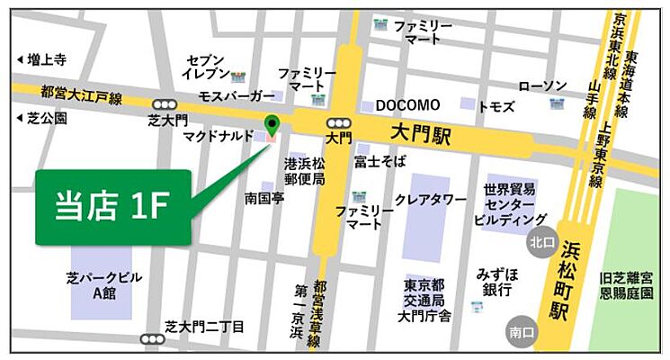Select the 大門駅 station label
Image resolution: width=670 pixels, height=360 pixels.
coord(421,132)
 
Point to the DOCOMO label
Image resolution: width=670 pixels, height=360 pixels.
coord(407,105)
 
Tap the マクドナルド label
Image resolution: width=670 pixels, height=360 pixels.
coord(216,138)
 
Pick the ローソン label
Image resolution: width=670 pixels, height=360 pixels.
coord(543,85)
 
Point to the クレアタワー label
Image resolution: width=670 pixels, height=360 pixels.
coord(431,199)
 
